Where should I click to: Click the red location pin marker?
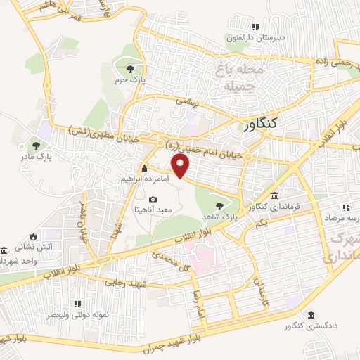[x=182, y=166]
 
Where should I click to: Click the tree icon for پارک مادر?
[x=37, y=146]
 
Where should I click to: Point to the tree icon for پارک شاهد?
[x=220, y=206]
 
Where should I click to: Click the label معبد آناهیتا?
[x=153, y=210]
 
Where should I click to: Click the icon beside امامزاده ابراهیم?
[x=145, y=169]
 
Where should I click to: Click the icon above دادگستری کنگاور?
[x=311, y=316]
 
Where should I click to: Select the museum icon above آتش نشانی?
[x=4, y=250]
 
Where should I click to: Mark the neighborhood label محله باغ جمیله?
[x=240, y=78]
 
